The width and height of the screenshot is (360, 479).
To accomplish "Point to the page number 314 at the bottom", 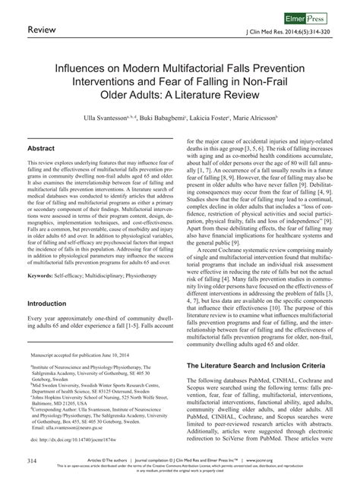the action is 33,461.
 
